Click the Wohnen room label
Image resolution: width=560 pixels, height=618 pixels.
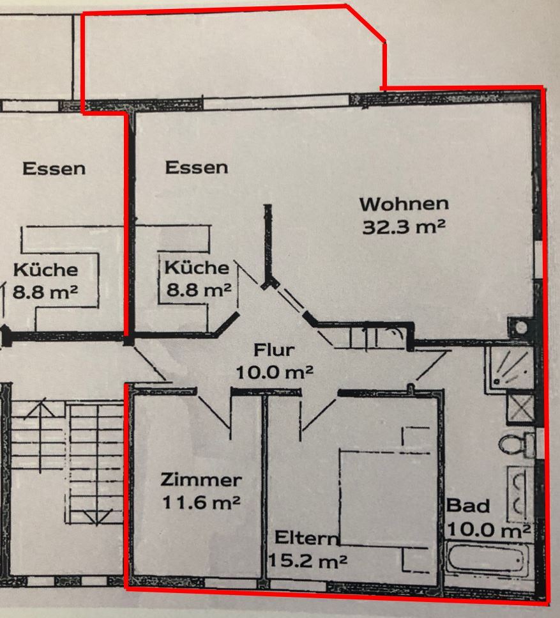click(x=404, y=204)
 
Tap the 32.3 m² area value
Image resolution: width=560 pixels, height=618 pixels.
click(x=404, y=227)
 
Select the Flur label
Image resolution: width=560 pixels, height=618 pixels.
click(x=274, y=350)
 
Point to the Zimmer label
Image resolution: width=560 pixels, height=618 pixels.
click(x=201, y=480)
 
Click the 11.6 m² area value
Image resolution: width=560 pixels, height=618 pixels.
click(x=201, y=502)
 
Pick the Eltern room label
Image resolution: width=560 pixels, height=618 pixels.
click(x=306, y=537)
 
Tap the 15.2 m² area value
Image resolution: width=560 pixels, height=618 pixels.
click(x=308, y=560)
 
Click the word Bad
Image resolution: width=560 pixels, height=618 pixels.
click(x=468, y=506)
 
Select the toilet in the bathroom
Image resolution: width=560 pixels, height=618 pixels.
click(x=517, y=445)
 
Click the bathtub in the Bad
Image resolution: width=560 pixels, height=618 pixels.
click(x=488, y=559)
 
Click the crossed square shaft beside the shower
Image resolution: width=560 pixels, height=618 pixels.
click(x=520, y=408)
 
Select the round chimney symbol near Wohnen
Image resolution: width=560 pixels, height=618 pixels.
click(x=522, y=327)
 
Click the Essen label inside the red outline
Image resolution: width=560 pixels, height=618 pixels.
click(x=197, y=167)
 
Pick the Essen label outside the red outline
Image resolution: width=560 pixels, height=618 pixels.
click(x=54, y=169)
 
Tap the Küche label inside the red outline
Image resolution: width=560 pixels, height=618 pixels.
click(x=197, y=268)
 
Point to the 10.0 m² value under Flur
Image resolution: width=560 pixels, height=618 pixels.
click(x=275, y=372)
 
